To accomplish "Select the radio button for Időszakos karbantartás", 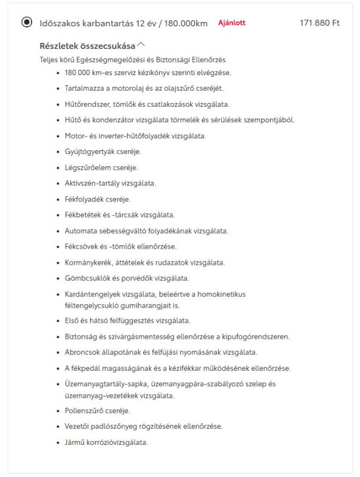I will (26, 23).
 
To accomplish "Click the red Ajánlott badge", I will (232, 23).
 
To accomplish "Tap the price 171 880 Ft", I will (319, 23).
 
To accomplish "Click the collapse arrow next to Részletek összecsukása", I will (141, 45).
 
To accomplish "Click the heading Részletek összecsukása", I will (87, 45).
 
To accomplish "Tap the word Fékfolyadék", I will (84, 199).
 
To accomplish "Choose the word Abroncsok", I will (84, 352).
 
